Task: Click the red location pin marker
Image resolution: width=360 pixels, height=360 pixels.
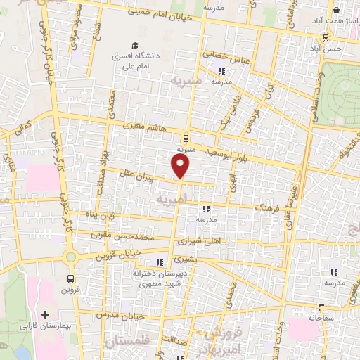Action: pyautogui.click(x=181, y=166)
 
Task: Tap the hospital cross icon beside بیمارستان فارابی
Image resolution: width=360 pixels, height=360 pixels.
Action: pyautogui.click(x=46, y=314)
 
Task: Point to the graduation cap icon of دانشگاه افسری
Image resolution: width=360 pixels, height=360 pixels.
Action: pyautogui.click(x=134, y=46)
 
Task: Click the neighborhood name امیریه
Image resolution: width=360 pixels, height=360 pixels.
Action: pyautogui.click(x=172, y=200)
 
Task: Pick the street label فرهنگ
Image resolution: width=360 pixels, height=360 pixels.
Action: pyautogui.click(x=269, y=209)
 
